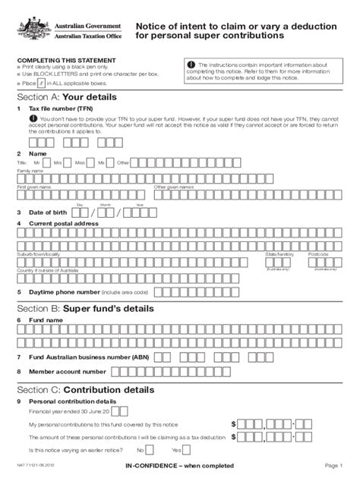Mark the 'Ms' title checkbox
click(x=111, y=162)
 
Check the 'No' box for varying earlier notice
click(x=149, y=449)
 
